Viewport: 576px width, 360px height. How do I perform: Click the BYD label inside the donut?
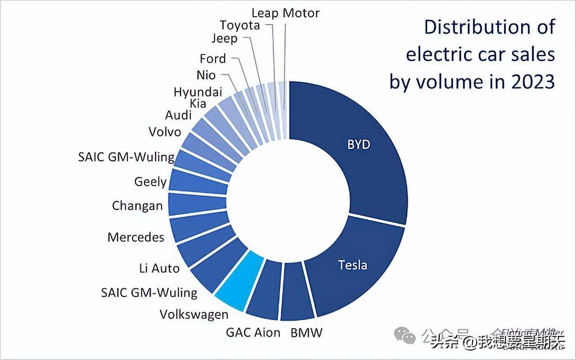pos(359,145)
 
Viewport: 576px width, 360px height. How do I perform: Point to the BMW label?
pos(306,333)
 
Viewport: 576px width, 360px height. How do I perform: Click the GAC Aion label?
pos(253,333)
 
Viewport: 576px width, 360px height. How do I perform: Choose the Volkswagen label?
pos(194,314)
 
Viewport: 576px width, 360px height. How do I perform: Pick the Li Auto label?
pos(159,268)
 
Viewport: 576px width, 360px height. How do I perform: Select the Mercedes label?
pos(136,237)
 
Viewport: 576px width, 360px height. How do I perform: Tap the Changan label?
pos(137,206)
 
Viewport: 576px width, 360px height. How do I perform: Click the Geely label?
pos(150,182)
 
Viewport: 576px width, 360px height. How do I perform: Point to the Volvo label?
pos(165,132)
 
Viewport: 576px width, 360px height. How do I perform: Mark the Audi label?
pos(178,115)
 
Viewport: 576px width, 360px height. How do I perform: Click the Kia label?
pos(198,103)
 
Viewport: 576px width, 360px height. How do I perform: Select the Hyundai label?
pos(198,92)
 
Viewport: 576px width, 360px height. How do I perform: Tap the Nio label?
pos(206,75)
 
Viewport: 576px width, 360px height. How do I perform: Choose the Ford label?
pos(213,58)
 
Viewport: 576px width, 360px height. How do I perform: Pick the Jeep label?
pos(225,39)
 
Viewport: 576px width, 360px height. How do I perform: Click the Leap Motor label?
pos(285,13)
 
